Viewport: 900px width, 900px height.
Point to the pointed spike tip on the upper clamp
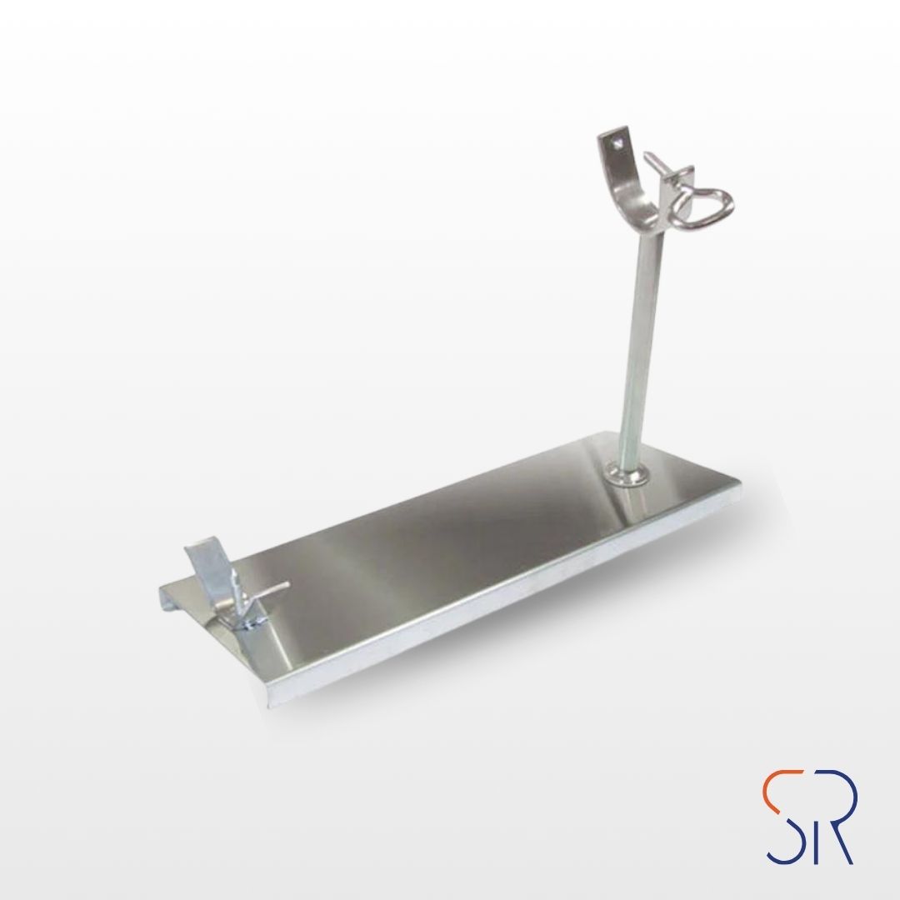(x=646, y=154)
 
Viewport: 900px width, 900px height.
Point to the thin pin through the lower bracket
(x=261, y=593)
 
